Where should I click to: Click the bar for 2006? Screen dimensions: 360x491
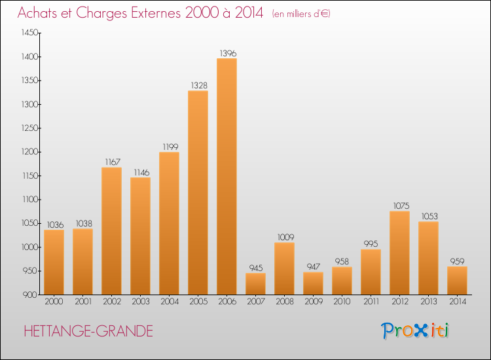click(227, 177)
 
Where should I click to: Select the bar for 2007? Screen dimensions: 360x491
click(255, 283)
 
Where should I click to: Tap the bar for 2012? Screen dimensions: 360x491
click(399, 253)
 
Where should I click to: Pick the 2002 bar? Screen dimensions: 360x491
click(111, 231)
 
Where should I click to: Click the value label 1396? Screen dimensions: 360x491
click(227, 52)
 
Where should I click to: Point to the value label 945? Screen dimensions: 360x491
click(255, 267)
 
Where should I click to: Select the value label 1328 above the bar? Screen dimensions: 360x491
click(198, 84)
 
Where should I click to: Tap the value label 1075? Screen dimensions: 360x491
click(399, 205)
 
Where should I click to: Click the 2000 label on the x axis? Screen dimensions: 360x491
click(54, 302)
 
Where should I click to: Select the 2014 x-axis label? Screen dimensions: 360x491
click(457, 302)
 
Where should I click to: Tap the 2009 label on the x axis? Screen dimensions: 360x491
click(313, 302)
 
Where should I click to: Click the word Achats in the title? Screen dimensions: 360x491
click(41, 13)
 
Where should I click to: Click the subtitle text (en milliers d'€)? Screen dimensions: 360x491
click(300, 14)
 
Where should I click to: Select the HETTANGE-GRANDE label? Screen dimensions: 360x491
click(88, 331)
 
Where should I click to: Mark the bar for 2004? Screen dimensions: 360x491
click(169, 223)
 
